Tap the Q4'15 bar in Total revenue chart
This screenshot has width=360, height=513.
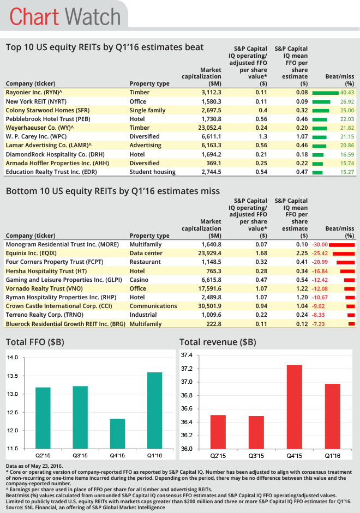pyautogui.click(x=294, y=407)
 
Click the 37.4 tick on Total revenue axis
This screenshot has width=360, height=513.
pyautogui.click(x=187, y=355)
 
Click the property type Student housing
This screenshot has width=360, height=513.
pyautogui.click(x=152, y=172)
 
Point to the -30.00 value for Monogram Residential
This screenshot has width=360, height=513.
pyautogui.click(x=320, y=245)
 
